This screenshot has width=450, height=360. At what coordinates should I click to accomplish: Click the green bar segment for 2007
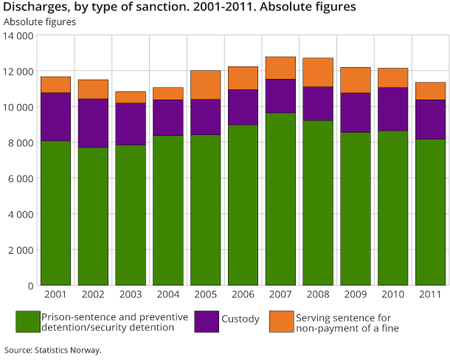coord(280,198)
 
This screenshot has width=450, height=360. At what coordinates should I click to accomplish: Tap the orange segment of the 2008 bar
coord(318,72)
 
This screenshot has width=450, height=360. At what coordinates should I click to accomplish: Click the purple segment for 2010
coord(392,109)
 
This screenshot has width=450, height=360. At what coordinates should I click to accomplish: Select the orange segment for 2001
coord(55,84)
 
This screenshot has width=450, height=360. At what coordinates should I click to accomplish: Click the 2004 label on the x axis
coord(168,295)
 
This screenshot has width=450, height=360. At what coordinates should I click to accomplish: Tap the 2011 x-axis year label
coord(430,295)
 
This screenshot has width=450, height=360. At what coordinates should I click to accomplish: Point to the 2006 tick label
coord(243,295)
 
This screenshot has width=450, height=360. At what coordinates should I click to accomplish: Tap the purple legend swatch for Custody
coord(206,322)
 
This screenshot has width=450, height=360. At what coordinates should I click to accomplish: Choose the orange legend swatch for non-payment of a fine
coord(281,322)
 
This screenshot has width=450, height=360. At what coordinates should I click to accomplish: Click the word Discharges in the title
coord(33,7)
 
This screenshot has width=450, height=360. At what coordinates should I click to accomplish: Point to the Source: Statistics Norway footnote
coord(52,350)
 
